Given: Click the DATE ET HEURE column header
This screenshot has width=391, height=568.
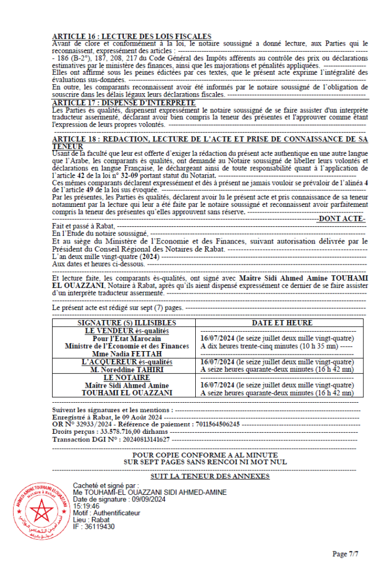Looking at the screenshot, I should coord(281,323).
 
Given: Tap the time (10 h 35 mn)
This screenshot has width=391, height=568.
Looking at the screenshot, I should coord(318,346).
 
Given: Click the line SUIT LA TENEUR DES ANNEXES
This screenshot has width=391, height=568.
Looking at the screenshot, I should coord(210,476).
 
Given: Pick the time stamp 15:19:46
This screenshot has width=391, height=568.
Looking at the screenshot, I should coord(86,506).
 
